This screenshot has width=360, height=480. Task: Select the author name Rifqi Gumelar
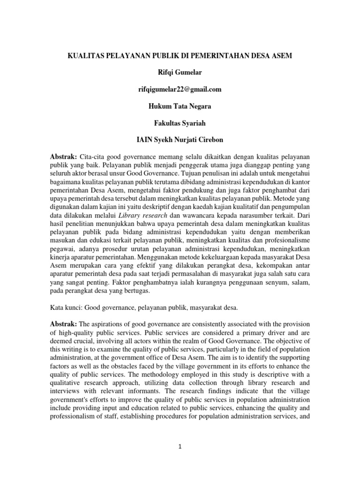click(x=180, y=73)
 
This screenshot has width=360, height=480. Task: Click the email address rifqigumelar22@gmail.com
click(x=180, y=90)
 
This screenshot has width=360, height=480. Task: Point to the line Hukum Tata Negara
click(x=180, y=106)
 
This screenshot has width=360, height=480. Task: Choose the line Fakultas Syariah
click(x=180, y=123)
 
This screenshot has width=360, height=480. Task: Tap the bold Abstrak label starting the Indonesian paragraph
click(x=64, y=156)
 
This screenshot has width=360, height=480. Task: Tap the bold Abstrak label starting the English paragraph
click(x=64, y=324)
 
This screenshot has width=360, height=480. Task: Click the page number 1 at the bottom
click(x=180, y=447)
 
